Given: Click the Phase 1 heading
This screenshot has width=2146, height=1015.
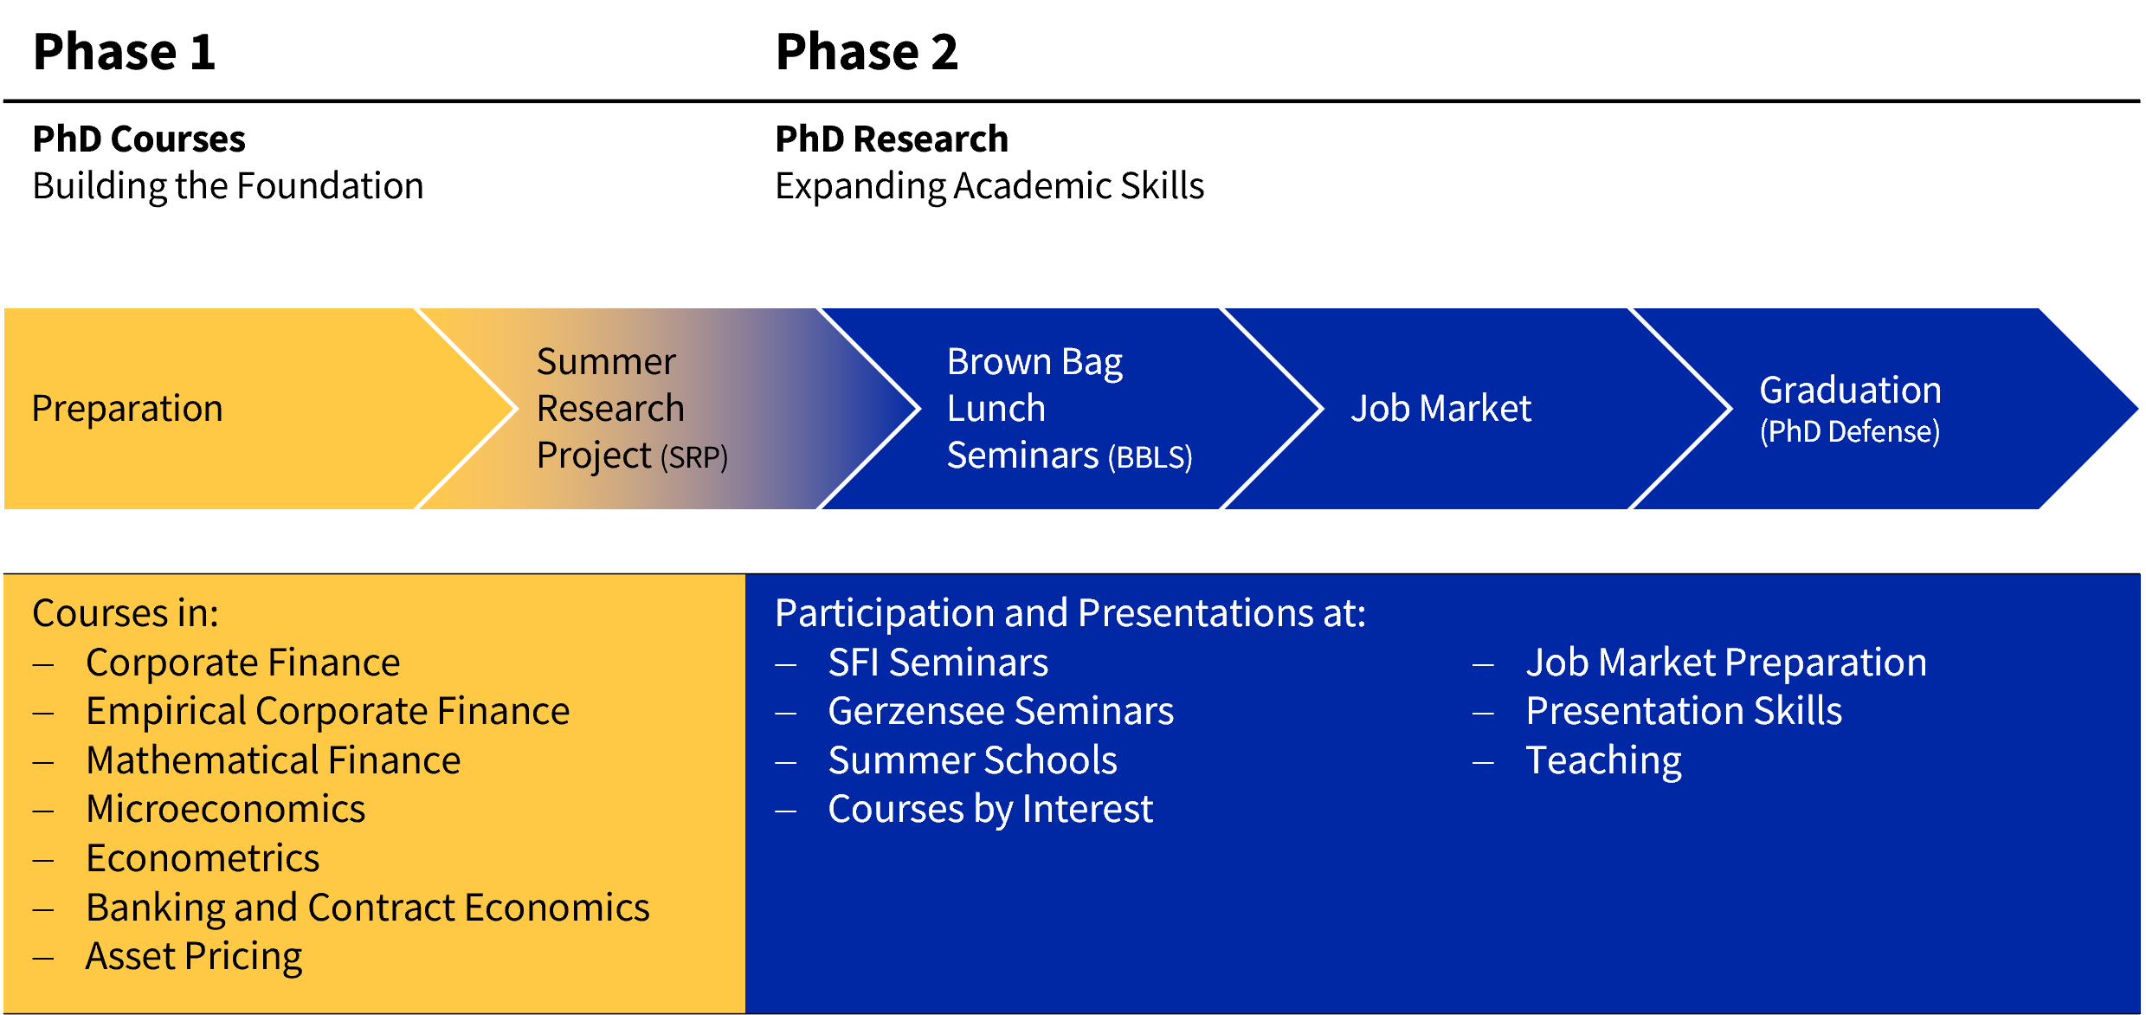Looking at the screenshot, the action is pyautogui.click(x=124, y=51).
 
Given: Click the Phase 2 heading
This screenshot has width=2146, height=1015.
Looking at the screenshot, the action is pyautogui.click(x=867, y=51).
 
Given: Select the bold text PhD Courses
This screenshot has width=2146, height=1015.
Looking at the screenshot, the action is pyautogui.click(x=139, y=139).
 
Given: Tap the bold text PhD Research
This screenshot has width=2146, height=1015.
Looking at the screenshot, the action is pyautogui.click(x=892, y=139).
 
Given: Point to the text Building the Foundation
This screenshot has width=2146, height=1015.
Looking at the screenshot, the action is pyautogui.click(x=228, y=186).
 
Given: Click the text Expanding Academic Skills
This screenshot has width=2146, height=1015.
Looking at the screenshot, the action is pyautogui.click(x=989, y=186).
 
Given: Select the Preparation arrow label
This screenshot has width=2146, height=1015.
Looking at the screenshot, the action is pyautogui.click(x=127, y=409).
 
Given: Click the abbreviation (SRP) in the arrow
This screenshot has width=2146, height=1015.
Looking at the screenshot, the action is pyautogui.click(x=694, y=456).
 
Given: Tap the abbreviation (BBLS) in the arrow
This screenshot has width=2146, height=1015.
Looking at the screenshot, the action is pyautogui.click(x=1150, y=456).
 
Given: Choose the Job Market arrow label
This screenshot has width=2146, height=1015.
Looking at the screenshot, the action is pyautogui.click(x=1440, y=408).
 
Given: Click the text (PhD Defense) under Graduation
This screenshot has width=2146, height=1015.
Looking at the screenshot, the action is pyautogui.click(x=1850, y=431).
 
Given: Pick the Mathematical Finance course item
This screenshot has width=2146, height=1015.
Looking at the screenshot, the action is pyautogui.click(x=273, y=760).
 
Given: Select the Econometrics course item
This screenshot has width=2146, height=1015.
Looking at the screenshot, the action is pyautogui.click(x=203, y=858).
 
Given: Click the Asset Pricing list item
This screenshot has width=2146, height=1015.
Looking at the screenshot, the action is pyautogui.click(x=194, y=957).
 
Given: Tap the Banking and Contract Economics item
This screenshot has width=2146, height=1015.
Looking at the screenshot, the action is pyautogui.click(x=368, y=908).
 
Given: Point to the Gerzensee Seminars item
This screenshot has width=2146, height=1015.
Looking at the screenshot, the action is pyautogui.click(x=1001, y=711).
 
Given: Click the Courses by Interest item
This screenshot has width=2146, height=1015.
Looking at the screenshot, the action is pyautogui.click(x=990, y=810).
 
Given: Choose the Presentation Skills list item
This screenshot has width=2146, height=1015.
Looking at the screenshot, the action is pyautogui.click(x=1684, y=711).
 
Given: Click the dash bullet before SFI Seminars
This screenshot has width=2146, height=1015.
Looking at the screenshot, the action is pyautogui.click(x=786, y=665).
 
